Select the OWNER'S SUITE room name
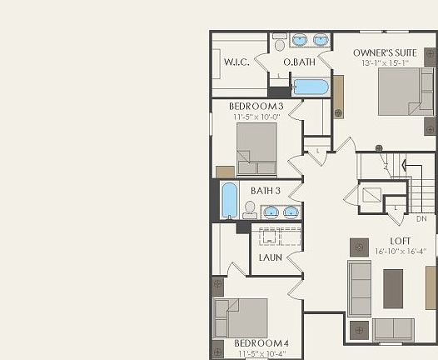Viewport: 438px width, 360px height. click(x=385, y=53)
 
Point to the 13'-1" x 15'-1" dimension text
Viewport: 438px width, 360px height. click(x=385, y=63)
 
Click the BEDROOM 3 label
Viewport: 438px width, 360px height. click(x=257, y=107)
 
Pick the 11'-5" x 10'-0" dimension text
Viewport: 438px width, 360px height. click(x=257, y=117)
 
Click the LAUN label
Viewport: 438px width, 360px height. click(x=270, y=257)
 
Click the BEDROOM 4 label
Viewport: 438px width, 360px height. click(x=261, y=342)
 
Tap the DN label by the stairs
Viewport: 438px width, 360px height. click(x=421, y=219)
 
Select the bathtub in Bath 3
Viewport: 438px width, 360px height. click(x=229, y=201)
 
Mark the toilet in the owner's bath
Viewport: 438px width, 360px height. click(x=280, y=40)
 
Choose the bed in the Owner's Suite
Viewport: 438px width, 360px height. click(x=406, y=92)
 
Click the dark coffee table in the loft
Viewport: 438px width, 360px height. click(x=393, y=288)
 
